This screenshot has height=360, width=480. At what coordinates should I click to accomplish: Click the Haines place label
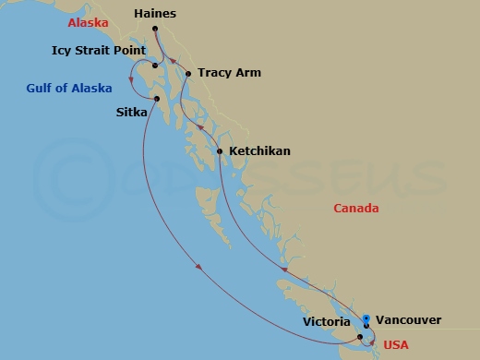pyautogui.click(x=154, y=15)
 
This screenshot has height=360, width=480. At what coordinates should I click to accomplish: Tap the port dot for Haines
pyautogui.click(x=154, y=30)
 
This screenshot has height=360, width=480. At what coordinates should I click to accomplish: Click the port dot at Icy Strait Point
pyautogui.click(x=155, y=66)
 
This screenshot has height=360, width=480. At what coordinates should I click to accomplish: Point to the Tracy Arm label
pyautogui.click(x=229, y=73)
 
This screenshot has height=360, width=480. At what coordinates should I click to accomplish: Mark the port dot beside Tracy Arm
pyautogui.click(x=188, y=74)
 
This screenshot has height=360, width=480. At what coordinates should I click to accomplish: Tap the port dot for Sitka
pyautogui.click(x=158, y=99)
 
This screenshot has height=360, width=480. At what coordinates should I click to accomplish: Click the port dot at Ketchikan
pyautogui.click(x=220, y=150)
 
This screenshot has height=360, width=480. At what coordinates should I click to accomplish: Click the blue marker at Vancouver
pyautogui.click(x=366, y=319)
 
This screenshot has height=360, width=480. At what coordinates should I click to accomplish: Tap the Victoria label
pyautogui.click(x=326, y=323)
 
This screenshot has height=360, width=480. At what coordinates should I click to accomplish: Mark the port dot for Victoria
pyautogui.click(x=361, y=337)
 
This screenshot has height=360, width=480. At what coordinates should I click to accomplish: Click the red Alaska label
pyautogui.click(x=88, y=22)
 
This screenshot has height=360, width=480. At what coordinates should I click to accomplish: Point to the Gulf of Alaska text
pyautogui.click(x=68, y=89)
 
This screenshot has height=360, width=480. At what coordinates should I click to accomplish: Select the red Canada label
pyautogui.click(x=356, y=209)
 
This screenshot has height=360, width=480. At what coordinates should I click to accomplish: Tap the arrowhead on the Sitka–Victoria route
pyautogui.click(x=199, y=269)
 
